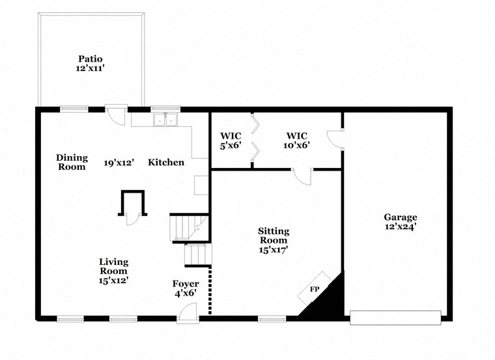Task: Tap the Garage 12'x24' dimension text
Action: click(400, 227)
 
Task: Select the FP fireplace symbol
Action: click(315, 288)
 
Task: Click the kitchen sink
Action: click(165, 119)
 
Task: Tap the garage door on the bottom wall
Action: click(395, 318)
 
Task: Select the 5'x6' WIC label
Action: click(231, 145)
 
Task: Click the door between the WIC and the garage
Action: click(335, 139)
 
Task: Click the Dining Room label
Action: click(71, 162)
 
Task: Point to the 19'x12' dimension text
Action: click(119, 163)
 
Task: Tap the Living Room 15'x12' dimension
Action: click(113, 281)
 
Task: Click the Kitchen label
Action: click(166, 162)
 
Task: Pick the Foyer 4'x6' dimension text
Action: click(186, 293)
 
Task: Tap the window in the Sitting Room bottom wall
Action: click(272, 318)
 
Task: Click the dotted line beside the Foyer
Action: click(210, 291)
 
